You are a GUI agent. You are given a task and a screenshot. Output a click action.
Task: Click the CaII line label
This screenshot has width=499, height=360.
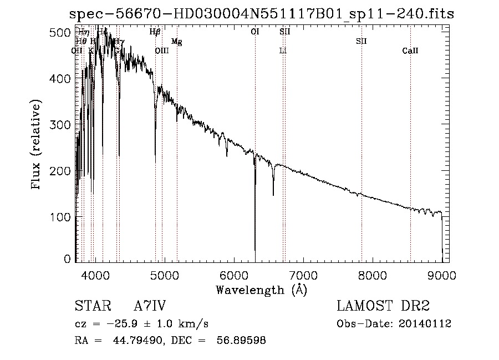[x=410, y=51]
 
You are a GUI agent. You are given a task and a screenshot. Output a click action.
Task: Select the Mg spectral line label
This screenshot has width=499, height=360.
[x=176, y=42]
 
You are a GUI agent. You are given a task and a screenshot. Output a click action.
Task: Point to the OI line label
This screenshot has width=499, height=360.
[x=255, y=32]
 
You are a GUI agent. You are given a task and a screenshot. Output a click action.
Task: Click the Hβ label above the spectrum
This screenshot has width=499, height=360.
[x=155, y=32]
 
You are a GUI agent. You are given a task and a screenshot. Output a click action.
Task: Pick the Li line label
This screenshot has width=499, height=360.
[x=283, y=51]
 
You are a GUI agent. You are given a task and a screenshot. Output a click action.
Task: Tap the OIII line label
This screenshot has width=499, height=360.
[x=161, y=51]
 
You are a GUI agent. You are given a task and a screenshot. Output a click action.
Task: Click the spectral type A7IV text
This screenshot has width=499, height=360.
[x=150, y=306]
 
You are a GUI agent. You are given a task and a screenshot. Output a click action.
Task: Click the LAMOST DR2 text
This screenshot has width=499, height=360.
[x=383, y=306]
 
